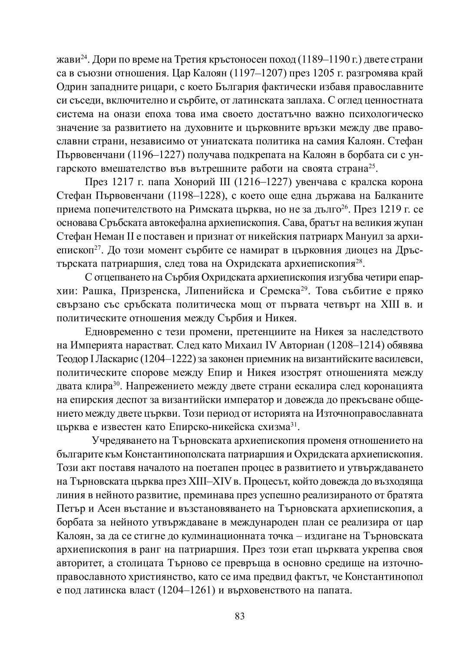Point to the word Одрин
tap(72, 87)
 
